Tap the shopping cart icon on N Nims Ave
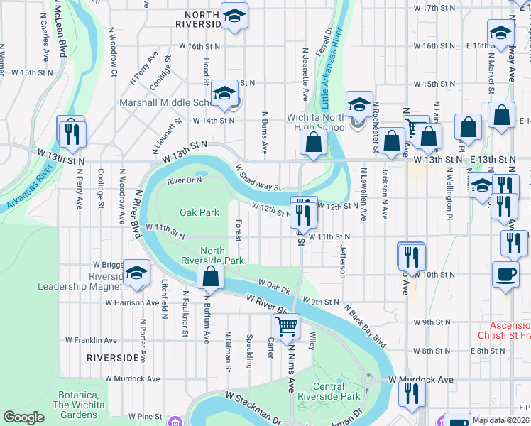[x=287, y=327]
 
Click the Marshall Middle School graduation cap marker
[x=224, y=94]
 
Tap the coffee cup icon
[x=505, y=274]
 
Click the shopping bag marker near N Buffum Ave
[x=211, y=277]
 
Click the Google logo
[x=23, y=417]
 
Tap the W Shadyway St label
[x=258, y=177]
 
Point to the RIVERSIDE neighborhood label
[x=112, y=357]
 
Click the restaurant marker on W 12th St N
[x=304, y=212]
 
